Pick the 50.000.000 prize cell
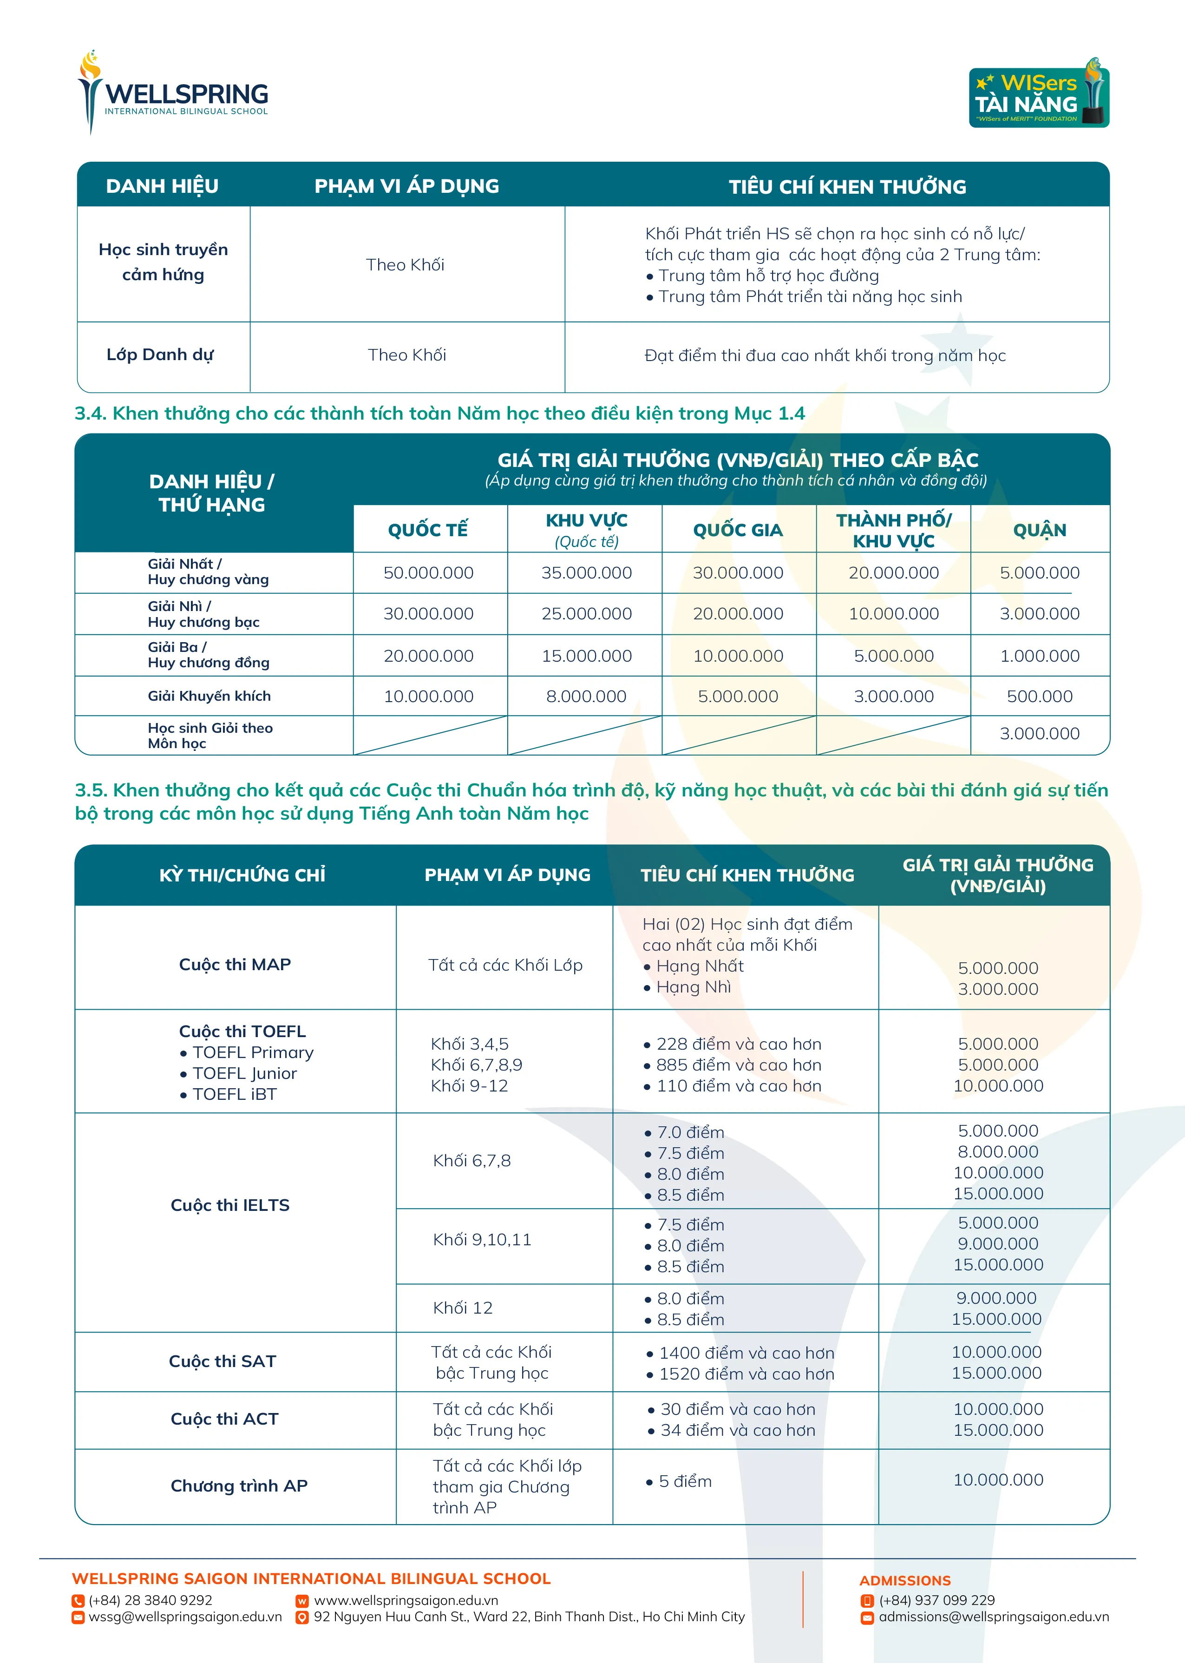[428, 573]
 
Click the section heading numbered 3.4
[439, 414]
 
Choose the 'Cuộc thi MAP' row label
[235, 965]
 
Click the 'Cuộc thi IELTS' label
[230, 1205]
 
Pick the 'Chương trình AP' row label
[239, 1486]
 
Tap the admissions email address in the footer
[993, 1617]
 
